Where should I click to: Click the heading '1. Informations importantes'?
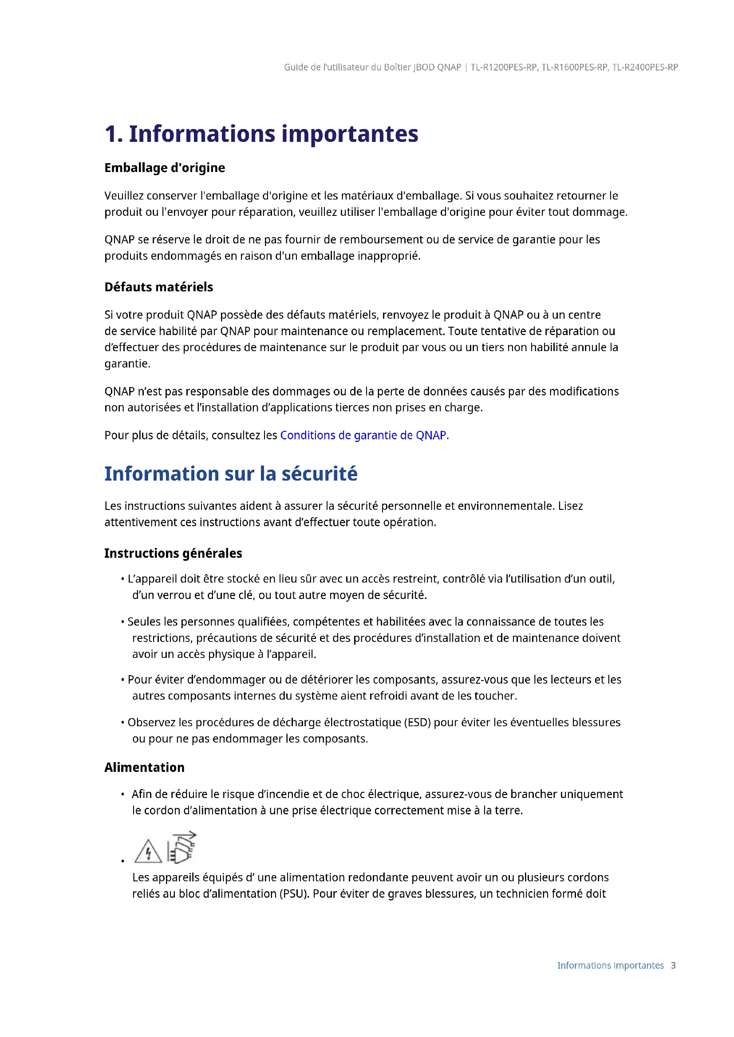tap(261, 134)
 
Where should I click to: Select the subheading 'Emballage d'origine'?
tap(165, 168)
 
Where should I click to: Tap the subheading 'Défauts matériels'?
tap(158, 287)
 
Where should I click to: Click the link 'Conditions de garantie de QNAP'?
tap(363, 435)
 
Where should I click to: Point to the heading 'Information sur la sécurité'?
tap(230, 474)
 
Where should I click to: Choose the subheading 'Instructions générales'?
tap(173, 553)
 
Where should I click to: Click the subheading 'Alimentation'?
tap(144, 767)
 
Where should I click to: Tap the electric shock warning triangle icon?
tap(148, 851)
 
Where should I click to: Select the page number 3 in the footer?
tap(673, 966)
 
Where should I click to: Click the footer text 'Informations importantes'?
tap(610, 966)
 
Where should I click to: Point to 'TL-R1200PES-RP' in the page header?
tap(504, 67)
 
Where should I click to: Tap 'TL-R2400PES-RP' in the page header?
tap(645, 67)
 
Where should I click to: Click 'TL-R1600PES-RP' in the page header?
tap(574, 67)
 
